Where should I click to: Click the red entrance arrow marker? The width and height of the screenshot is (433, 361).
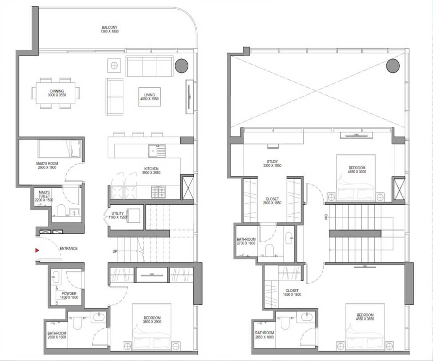tap(37, 251)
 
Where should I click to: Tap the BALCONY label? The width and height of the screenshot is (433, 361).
tap(109, 27)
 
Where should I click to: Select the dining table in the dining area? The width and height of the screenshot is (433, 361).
tap(56, 93)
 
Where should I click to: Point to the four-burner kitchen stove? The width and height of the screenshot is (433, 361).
tap(158, 192)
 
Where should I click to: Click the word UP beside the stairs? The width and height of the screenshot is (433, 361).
tap(115, 251)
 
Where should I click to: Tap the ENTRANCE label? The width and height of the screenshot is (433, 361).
tap(69, 248)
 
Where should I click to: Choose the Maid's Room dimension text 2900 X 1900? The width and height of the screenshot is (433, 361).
tap(47, 168)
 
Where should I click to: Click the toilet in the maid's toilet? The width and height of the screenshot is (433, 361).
tap(61, 210)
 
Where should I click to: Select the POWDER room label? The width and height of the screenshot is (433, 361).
tap(69, 293)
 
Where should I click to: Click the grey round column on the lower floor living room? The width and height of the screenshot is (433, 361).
tap(181, 66)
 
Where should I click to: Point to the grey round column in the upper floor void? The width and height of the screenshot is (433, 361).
tap(393, 66)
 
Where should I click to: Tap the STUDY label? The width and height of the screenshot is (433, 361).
tap(272, 161)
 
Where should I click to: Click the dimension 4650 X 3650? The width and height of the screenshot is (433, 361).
tap(365, 319)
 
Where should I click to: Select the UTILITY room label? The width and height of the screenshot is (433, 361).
tap(118, 213)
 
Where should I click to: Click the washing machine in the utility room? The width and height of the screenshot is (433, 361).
tap(134, 216)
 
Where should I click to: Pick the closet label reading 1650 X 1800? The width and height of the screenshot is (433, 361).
tap(292, 295)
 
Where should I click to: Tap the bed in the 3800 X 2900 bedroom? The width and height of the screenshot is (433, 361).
tap(152, 327)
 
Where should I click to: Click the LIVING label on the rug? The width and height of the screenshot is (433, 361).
tap(149, 95)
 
